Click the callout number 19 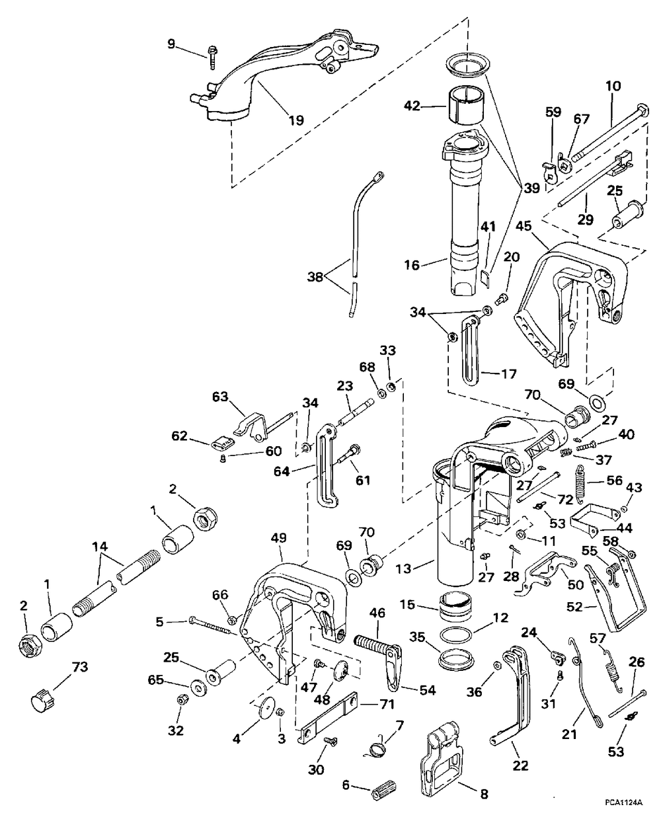coord(296,120)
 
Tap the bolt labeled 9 coord(212,58)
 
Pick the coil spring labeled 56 coord(582,485)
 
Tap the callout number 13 coord(405,568)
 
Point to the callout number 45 coord(524,226)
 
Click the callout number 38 coord(315,276)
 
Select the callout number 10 coord(613,86)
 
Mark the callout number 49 coord(278,538)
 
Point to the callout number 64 coord(282,471)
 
